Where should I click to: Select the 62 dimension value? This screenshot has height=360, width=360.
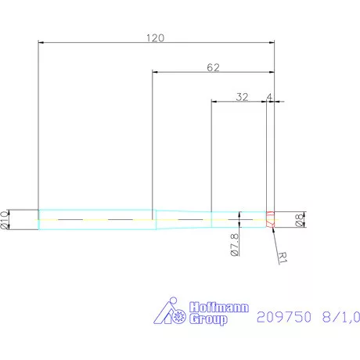[212, 67]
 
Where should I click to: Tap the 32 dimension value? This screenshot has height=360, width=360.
[242, 97]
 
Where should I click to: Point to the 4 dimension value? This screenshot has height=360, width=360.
[269, 97]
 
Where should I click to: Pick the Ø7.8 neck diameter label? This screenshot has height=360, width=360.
[235, 244]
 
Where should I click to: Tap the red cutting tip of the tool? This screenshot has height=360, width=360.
[270, 220]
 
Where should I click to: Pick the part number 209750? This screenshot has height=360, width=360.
[283, 317]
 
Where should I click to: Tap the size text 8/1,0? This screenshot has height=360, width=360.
[339, 317]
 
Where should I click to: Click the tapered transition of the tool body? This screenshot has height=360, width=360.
[181, 220]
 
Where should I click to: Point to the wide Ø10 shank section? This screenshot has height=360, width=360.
[94, 220]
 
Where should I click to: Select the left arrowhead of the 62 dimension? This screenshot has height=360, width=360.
[154, 73]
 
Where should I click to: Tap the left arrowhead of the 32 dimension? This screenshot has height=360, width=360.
[214, 102]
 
